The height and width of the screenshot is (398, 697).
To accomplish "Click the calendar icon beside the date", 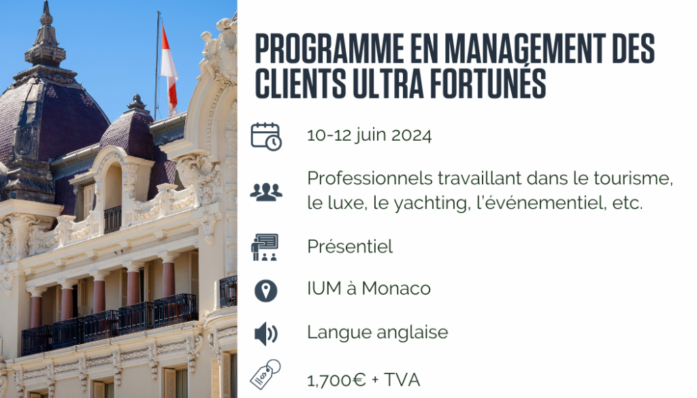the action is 266,136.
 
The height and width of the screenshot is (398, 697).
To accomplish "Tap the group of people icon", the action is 266,192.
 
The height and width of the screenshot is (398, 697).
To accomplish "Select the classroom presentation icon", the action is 265,247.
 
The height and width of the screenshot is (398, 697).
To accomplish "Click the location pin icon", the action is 266,291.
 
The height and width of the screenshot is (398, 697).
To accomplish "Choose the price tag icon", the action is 265,374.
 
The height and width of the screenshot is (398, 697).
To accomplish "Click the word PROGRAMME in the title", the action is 329,48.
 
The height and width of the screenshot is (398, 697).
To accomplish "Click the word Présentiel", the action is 350,246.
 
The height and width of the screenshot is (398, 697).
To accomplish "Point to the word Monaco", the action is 396,288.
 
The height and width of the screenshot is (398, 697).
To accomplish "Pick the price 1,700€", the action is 336,380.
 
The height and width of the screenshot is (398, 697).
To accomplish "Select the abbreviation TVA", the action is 402,380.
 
